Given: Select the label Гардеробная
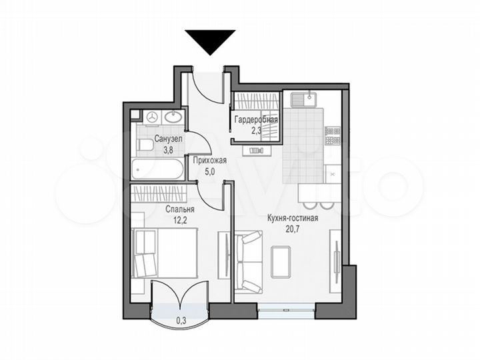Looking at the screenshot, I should coord(255,119).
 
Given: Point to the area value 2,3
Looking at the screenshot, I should coord(255,130).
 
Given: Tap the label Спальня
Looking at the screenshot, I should coord(180,208).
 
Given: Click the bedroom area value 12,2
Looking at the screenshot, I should coord(180,219).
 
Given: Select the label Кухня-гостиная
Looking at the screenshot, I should coord(292,218).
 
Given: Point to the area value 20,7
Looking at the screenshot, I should coord(292,229).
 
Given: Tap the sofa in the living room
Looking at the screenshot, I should coord(248,262).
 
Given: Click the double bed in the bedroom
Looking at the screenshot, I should coord(164,253).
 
